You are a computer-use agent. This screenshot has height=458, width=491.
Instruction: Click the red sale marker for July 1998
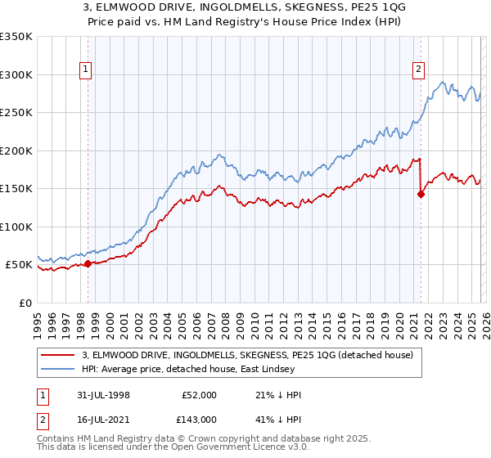(88, 263)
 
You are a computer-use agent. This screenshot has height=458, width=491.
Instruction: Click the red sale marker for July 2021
(421, 194)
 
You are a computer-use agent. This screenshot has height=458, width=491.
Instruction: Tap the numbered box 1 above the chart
(86, 70)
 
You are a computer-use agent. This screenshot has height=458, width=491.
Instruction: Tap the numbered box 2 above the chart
(418, 70)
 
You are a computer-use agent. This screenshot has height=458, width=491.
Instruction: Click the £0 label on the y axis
(25, 303)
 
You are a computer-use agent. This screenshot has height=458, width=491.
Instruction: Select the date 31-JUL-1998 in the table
(110, 395)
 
